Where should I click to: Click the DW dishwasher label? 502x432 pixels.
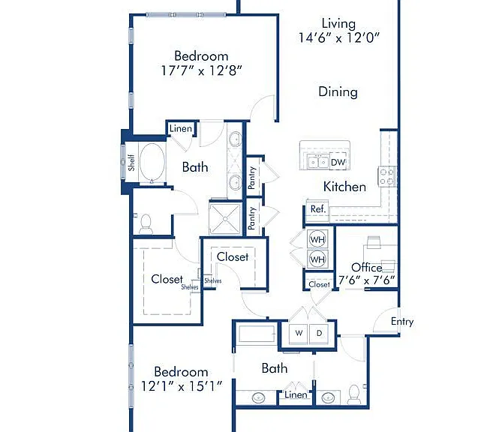[338, 162]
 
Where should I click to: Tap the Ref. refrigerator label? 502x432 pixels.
[318, 209]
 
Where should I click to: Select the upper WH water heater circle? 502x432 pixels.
[317, 239]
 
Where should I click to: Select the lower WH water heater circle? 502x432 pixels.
[317, 259]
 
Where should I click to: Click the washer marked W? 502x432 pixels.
[299, 333]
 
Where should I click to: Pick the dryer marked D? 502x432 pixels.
[319, 333]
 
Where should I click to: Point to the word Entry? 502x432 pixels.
[402, 322]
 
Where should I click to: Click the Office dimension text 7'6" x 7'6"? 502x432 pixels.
[367, 280]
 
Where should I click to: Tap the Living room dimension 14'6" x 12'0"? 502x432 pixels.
[338, 37]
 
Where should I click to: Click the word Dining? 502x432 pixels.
[338, 92]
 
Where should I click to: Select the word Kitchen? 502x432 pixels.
[344, 187]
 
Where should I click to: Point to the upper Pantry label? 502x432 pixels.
[252, 177]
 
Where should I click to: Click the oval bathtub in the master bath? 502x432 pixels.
[153, 162]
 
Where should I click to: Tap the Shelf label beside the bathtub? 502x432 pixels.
[131, 163]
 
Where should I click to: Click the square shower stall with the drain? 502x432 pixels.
[225, 219]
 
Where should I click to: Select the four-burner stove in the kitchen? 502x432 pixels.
[387, 177]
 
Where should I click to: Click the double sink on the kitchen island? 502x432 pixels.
[318, 162]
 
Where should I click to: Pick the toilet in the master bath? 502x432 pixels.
[146, 224]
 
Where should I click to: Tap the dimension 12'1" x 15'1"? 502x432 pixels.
[182, 386]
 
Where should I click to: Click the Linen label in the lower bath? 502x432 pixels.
[296, 395]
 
